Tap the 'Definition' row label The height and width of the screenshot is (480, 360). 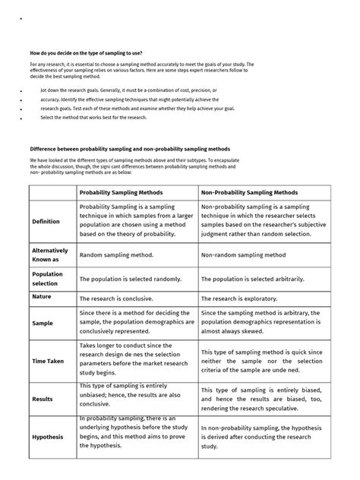pos(46,222)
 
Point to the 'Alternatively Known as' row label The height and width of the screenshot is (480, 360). pos(49,254)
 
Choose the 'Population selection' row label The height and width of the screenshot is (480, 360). pos(47,279)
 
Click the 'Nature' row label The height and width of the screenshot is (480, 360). pos(41,297)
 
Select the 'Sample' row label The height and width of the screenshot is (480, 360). pos(43,323)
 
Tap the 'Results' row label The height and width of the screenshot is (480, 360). pos(43,398)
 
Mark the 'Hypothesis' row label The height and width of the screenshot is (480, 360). pos(47,437)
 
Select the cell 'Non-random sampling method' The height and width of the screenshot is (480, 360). pos(243,256)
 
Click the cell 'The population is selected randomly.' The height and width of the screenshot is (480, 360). pos(131,279)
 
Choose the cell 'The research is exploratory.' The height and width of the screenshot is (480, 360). pos(239,299)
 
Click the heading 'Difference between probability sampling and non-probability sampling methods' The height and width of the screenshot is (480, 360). pos(129,149)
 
